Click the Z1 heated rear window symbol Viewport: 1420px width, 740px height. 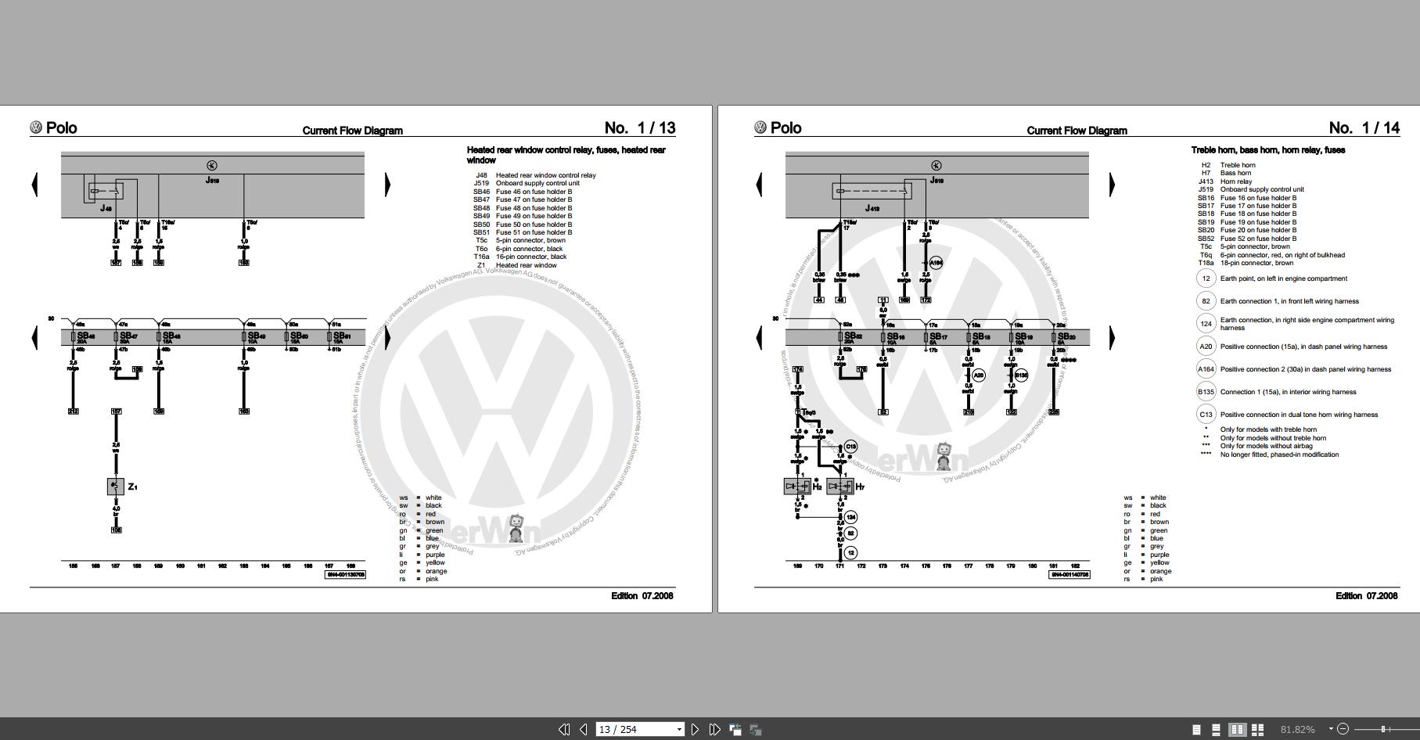[x=116, y=487]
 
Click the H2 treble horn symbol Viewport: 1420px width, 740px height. [x=797, y=487]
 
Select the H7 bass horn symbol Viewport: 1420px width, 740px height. [x=839, y=487]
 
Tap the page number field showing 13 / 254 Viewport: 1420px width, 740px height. [x=638, y=729]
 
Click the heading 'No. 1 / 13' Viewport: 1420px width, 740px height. [x=639, y=128]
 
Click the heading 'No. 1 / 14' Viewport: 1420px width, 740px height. [x=1364, y=128]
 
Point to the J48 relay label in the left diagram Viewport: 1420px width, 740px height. [x=106, y=208]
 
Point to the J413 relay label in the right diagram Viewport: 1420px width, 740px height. [x=872, y=208]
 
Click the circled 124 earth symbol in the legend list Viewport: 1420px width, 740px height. [x=1206, y=323]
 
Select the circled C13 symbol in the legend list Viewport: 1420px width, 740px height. [x=1206, y=415]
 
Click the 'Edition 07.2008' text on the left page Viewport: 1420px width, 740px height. [x=642, y=596]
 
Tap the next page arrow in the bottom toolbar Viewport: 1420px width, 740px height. [x=695, y=729]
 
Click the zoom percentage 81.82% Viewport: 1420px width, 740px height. [x=1297, y=729]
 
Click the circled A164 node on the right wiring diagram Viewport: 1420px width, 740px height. [x=936, y=263]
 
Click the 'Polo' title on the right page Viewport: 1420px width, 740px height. [x=785, y=128]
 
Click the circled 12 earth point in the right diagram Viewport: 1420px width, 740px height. [x=850, y=552]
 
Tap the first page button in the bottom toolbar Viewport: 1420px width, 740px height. [x=564, y=729]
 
